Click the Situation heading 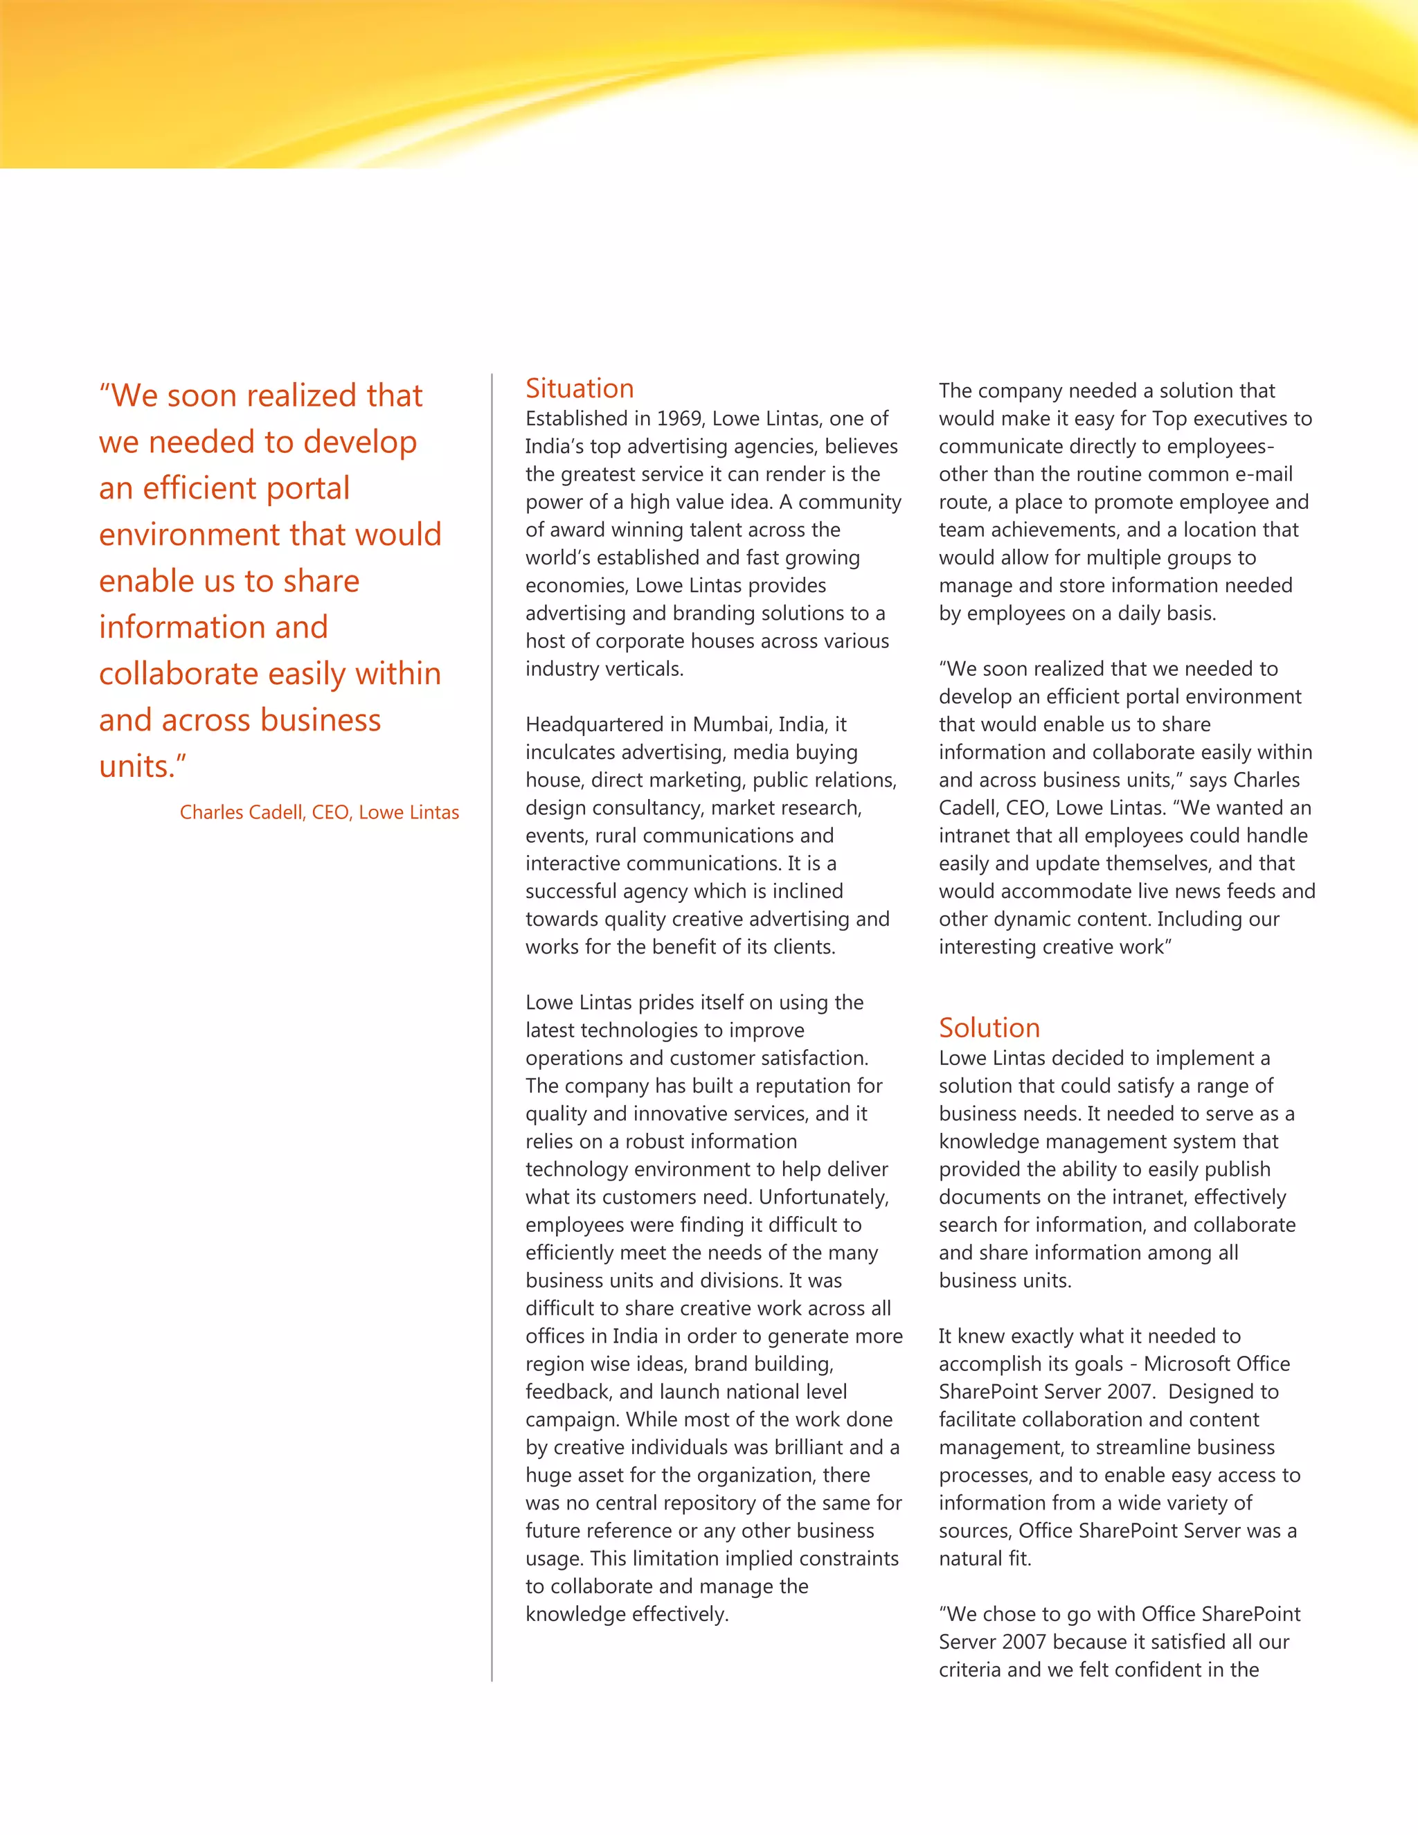click(x=579, y=389)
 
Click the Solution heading click(x=989, y=1028)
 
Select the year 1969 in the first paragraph click(x=680, y=418)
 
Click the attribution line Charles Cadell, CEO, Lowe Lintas click(x=319, y=812)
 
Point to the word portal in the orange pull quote click(x=307, y=488)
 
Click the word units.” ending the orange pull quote click(x=143, y=767)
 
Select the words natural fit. click(x=985, y=1559)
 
